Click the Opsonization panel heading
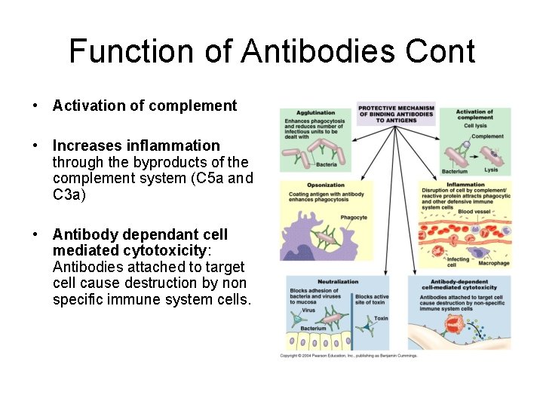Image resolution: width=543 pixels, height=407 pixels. coord(326,185)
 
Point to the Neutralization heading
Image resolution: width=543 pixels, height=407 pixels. coord(338,281)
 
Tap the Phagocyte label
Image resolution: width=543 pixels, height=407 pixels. coord(354,217)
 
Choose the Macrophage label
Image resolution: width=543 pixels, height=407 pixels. coord(495,263)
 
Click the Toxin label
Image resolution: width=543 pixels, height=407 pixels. coord(382,319)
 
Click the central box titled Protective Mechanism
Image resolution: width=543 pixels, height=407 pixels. coord(396,114)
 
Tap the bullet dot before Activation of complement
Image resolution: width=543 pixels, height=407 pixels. coord(36,106)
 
